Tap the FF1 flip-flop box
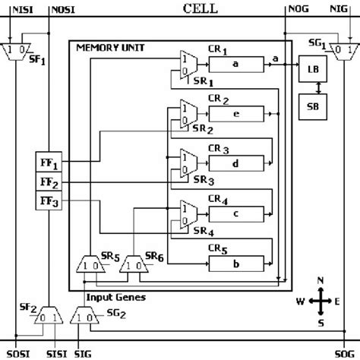coord(49,164)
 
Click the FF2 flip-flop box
coord(49,183)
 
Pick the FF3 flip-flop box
coord(49,202)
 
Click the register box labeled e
coord(237,113)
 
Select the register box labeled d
coord(237,163)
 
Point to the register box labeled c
coord(237,213)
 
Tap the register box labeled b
coord(237,264)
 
